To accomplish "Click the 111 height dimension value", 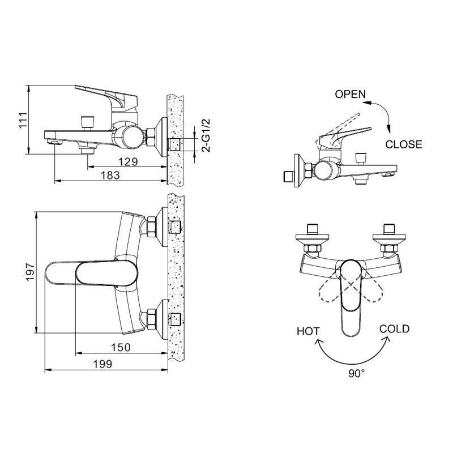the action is (23, 119).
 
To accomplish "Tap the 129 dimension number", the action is (129, 161).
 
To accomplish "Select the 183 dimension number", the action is (110, 175).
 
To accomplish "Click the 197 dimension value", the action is (30, 272).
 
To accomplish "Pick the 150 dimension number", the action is (121, 347).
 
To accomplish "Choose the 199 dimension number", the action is (102, 364).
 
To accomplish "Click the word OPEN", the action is (350, 94).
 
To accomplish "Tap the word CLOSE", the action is (404, 144).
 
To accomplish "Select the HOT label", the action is (308, 331).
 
